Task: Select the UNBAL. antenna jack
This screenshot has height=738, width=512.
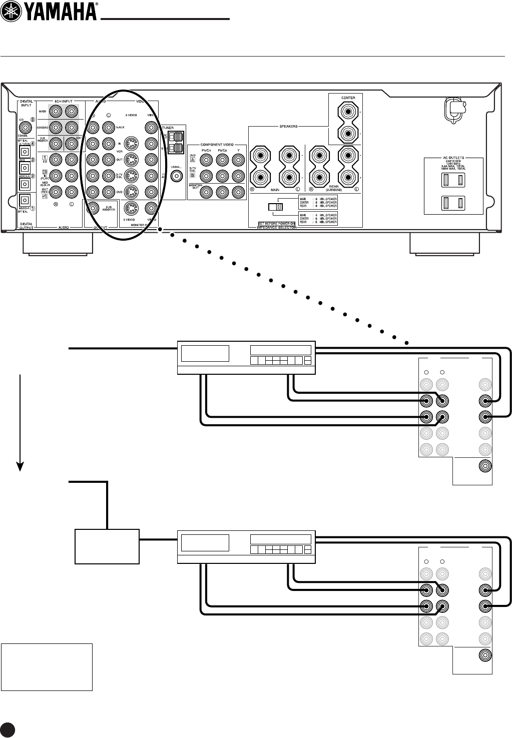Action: (x=176, y=176)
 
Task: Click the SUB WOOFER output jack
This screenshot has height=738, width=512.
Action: (x=93, y=209)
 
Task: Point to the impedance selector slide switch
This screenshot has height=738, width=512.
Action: (x=275, y=207)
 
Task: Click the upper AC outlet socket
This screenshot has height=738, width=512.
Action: (x=451, y=181)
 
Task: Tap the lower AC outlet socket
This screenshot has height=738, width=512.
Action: (x=451, y=203)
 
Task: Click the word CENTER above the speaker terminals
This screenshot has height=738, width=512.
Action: (x=348, y=98)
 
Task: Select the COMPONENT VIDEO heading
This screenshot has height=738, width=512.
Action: (x=218, y=144)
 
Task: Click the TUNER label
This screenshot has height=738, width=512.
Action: (x=168, y=128)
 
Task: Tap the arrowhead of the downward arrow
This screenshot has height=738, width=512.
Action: (x=20, y=465)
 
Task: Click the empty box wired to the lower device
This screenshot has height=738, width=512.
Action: (x=107, y=546)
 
